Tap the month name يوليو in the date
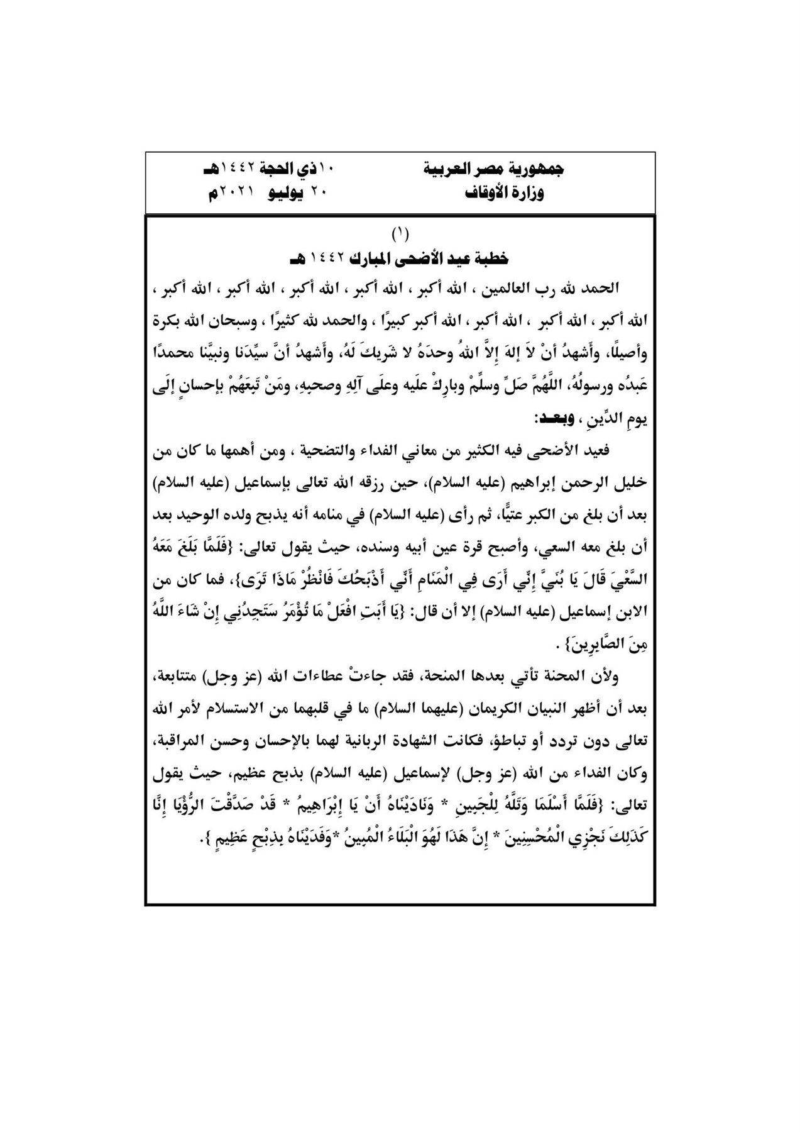click(288, 192)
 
